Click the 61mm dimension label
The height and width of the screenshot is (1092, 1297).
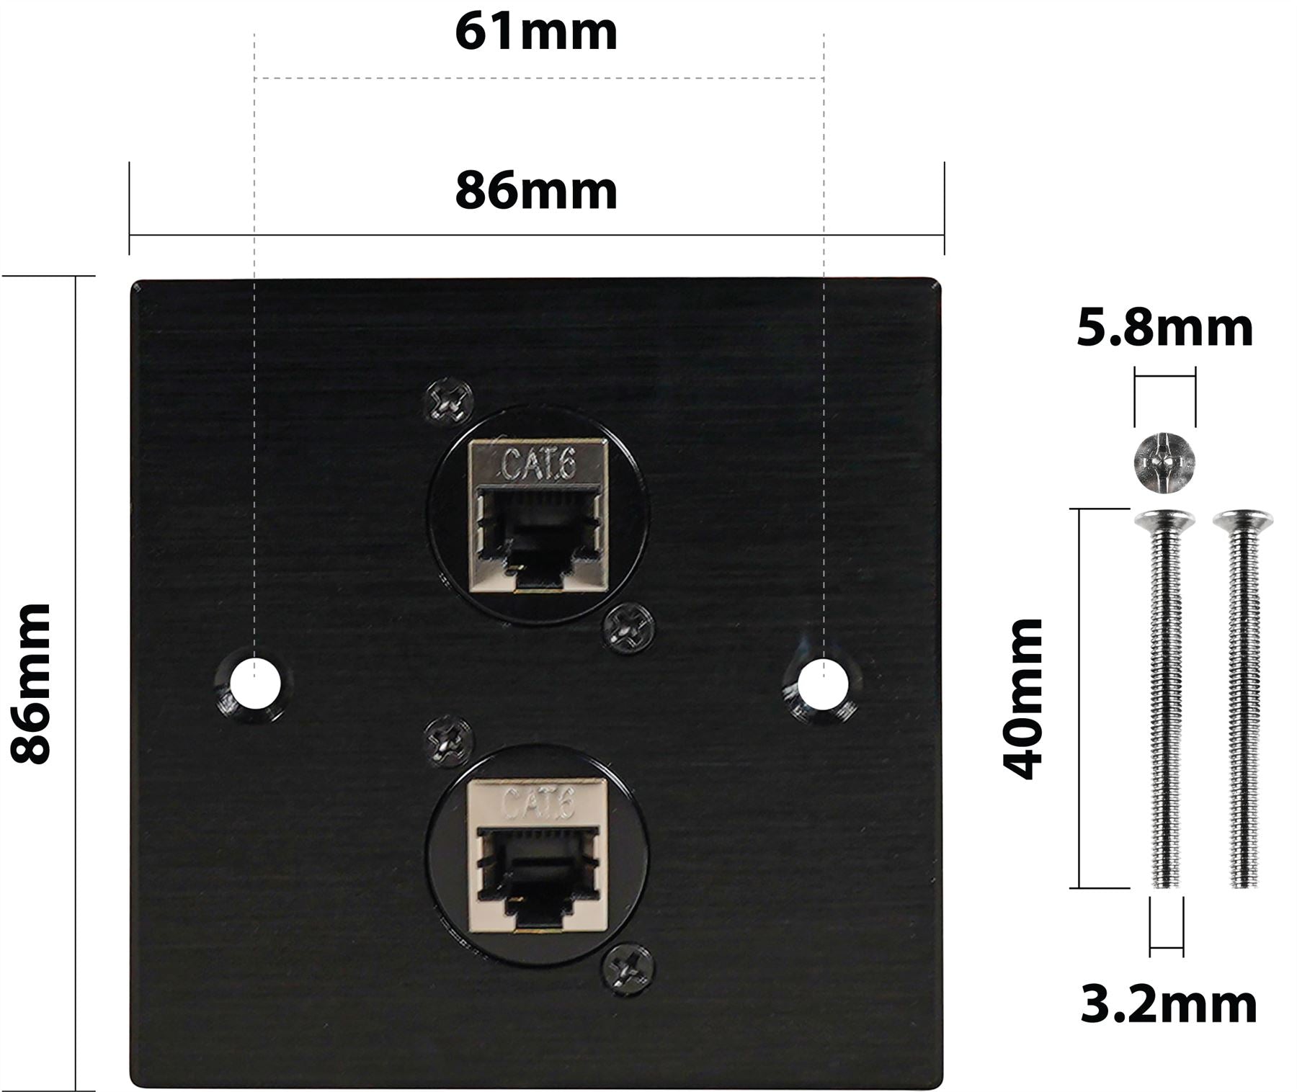pos(536,33)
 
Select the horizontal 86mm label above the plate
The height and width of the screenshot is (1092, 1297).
pos(536,192)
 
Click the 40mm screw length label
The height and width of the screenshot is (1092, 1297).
pos(1024,699)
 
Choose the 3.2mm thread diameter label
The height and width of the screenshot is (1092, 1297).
pos(1168,1005)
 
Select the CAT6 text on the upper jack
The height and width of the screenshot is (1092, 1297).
pos(538,464)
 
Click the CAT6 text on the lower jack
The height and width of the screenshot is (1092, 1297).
pos(538,802)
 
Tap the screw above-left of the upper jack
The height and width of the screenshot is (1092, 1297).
pos(448,401)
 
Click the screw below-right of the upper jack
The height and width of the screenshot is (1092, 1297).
pos(628,628)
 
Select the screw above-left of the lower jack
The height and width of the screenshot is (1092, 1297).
pos(448,740)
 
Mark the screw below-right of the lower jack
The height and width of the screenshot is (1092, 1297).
pos(628,969)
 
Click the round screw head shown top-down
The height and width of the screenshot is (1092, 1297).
pos(1165,461)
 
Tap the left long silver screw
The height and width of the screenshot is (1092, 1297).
pos(1165,699)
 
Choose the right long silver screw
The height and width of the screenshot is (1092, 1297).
pos(1243,699)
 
